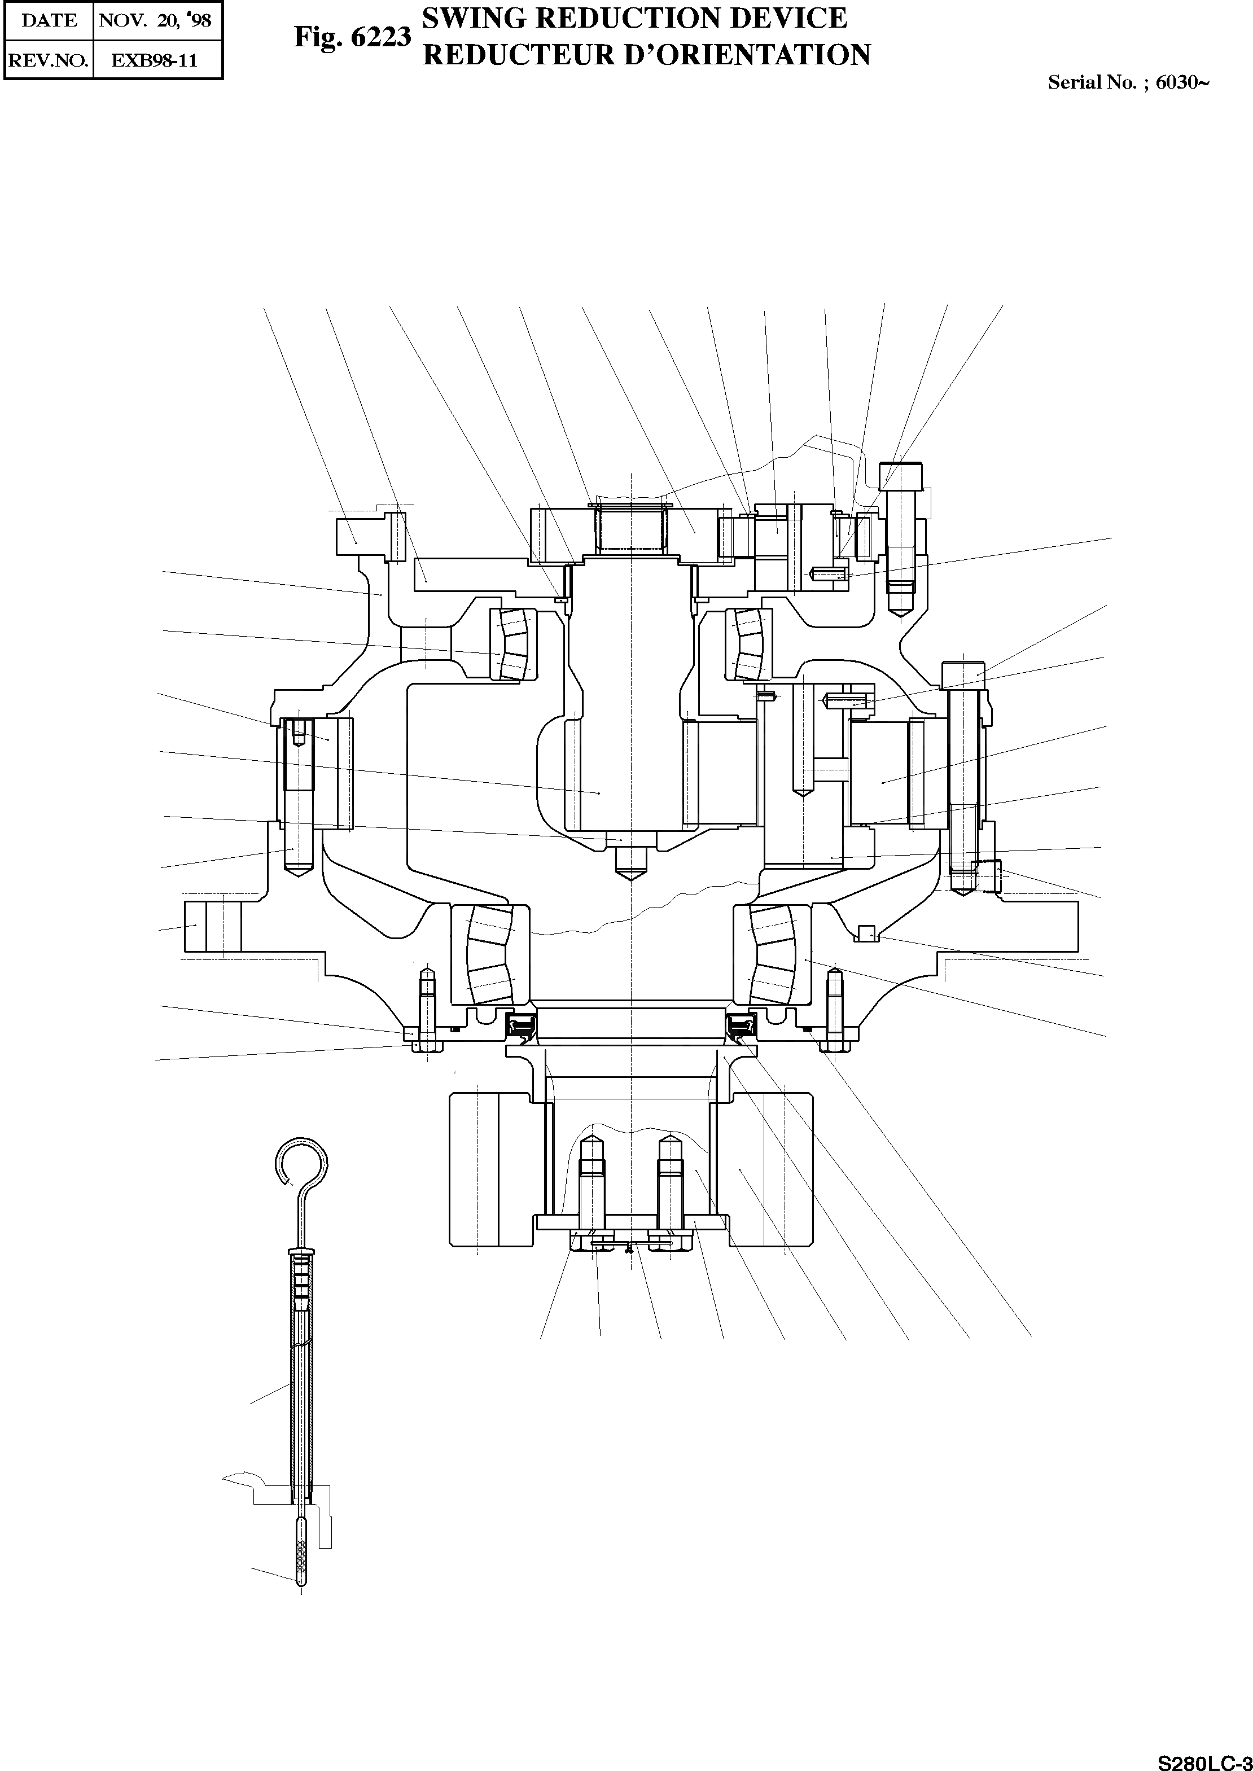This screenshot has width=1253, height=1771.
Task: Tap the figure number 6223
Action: pos(380,37)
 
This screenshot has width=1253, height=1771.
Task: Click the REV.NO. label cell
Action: pos(48,60)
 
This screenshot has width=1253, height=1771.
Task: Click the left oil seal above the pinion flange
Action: pos(522,1026)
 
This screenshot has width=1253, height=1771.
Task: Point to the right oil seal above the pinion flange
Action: pos(741,1026)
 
